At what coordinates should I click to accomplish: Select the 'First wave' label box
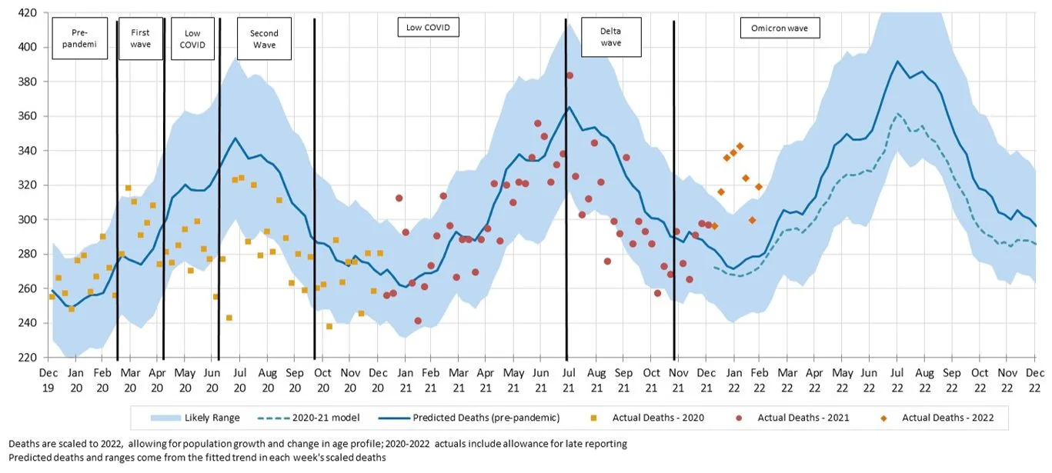click(x=141, y=38)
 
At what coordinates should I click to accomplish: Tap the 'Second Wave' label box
click(x=264, y=39)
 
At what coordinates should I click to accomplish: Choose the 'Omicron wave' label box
click(x=780, y=29)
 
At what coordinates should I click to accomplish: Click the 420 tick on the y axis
click(x=28, y=13)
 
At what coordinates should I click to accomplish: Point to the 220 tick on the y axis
click(x=28, y=358)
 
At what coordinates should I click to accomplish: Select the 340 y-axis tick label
click(x=28, y=151)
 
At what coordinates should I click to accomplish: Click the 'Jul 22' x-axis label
click(x=897, y=378)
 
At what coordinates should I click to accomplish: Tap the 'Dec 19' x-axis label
click(x=48, y=378)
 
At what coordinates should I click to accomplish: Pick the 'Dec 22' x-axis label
click(x=1035, y=378)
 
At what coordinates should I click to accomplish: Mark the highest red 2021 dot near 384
click(x=569, y=75)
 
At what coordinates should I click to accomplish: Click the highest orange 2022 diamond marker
click(x=740, y=146)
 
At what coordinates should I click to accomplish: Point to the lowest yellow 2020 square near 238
click(x=329, y=326)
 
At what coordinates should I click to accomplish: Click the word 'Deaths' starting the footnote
click(x=23, y=444)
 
